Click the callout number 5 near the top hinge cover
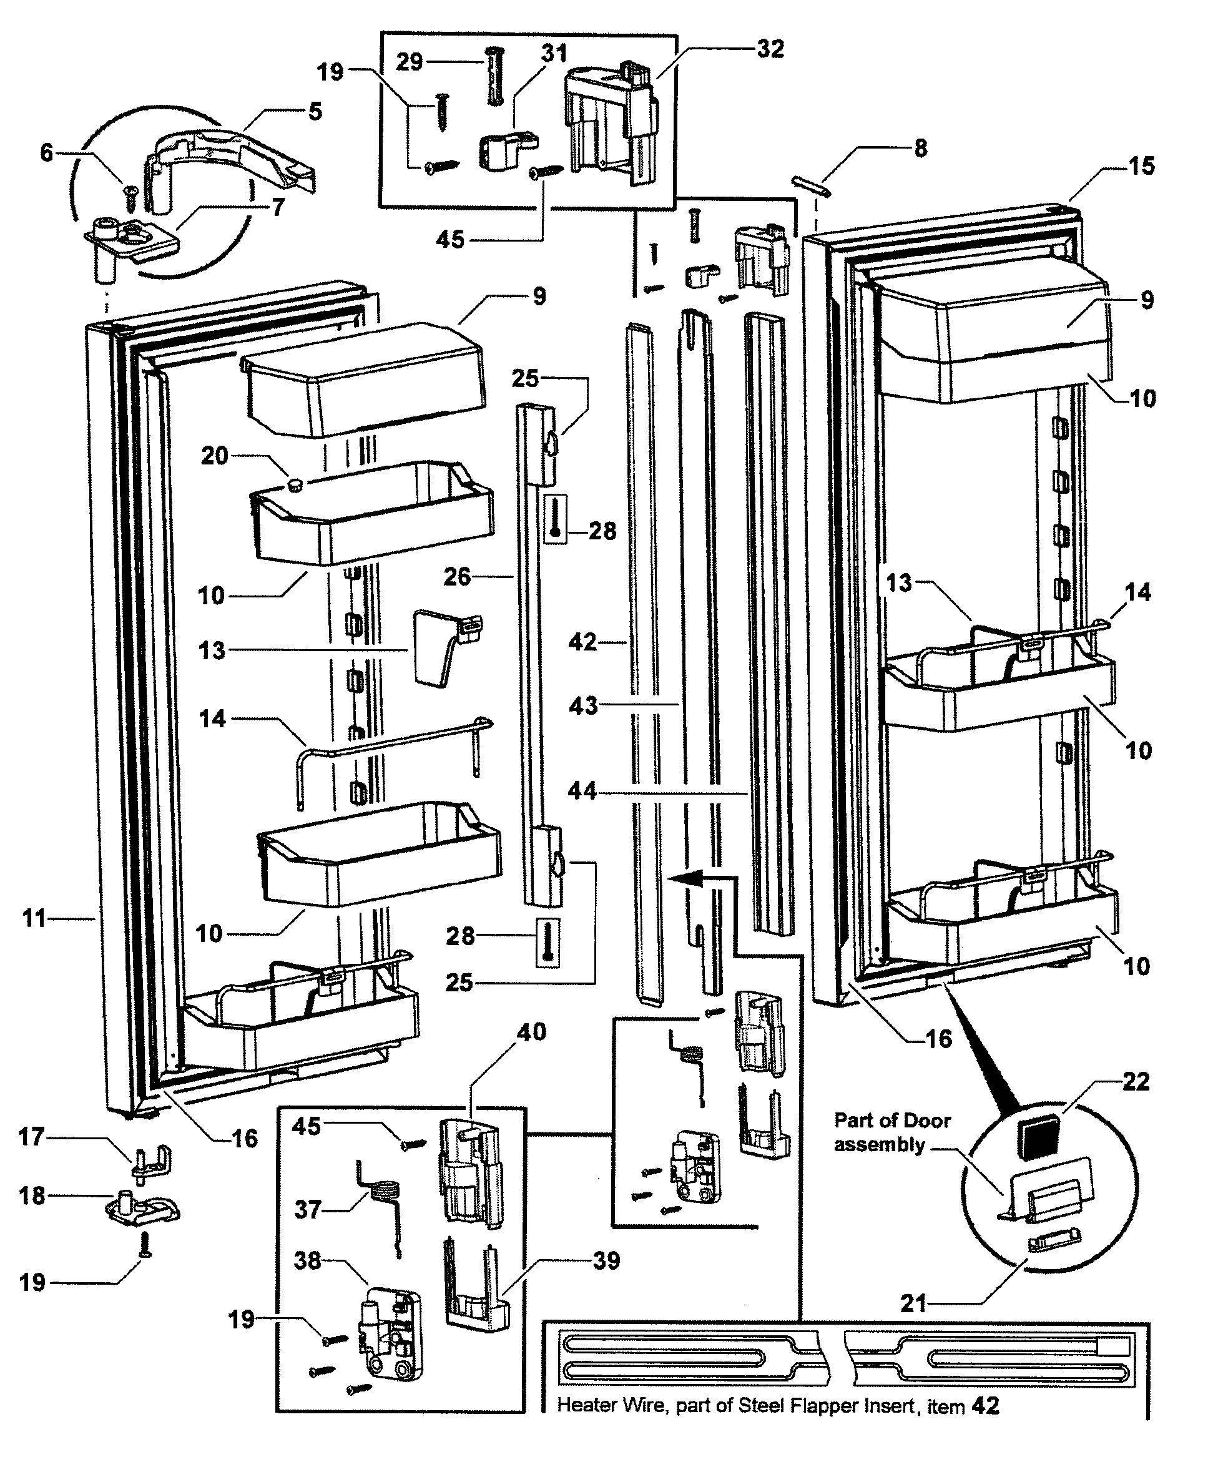pos(315,111)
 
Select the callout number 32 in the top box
pos(771,49)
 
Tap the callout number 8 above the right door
pos(920,149)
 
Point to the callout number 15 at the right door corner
pos(1141,167)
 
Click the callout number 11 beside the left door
pos(34,919)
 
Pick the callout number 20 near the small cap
pos(214,456)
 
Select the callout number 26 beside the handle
pos(456,577)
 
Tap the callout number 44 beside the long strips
pos(581,791)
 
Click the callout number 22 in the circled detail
pos(1135,1082)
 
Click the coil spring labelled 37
pos(378,1202)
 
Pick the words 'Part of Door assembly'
pos(891,1132)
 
